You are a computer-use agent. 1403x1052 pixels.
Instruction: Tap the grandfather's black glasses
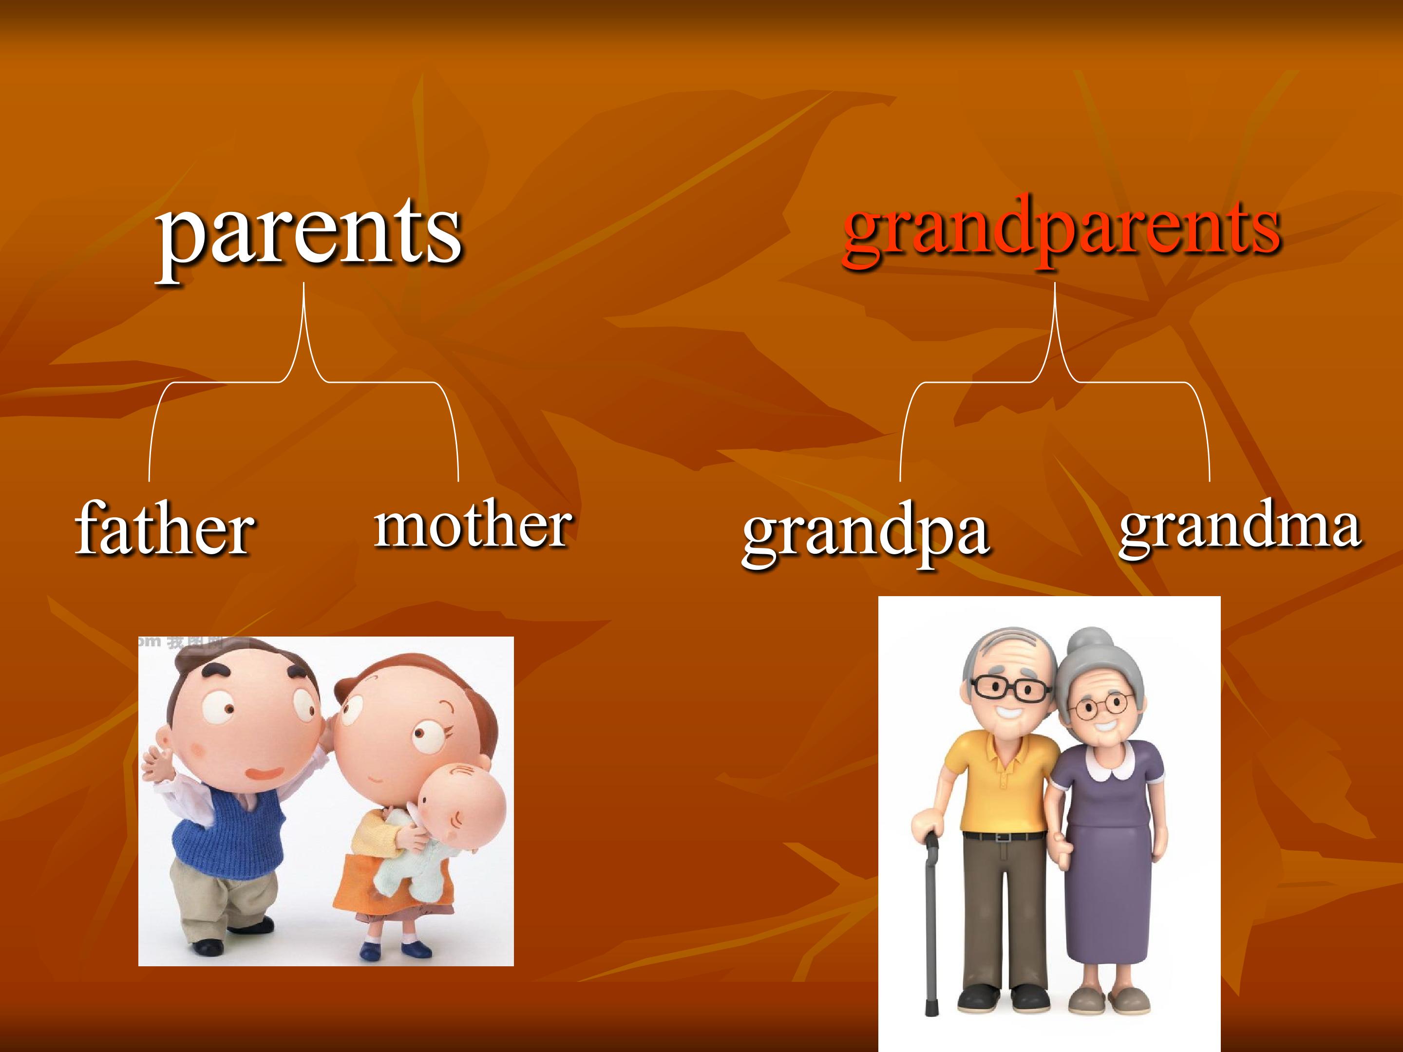[1012, 687]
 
